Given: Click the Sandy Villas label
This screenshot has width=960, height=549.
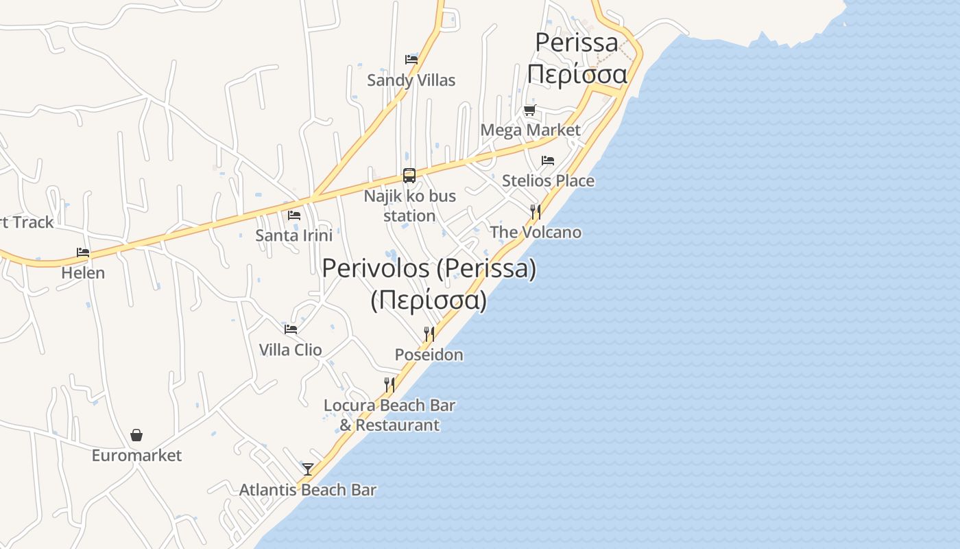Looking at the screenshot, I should pyautogui.click(x=411, y=80).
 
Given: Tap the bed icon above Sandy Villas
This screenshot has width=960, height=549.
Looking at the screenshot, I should pyautogui.click(x=411, y=59).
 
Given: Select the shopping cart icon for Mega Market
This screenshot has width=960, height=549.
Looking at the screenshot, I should pyautogui.click(x=529, y=110).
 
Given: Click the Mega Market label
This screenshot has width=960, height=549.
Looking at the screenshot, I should pyautogui.click(x=530, y=130).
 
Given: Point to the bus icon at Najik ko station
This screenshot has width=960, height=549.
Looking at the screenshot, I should pyautogui.click(x=409, y=176).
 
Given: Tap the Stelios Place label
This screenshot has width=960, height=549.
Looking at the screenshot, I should pyautogui.click(x=548, y=180).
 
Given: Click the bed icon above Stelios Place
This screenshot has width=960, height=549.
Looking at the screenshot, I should pyautogui.click(x=548, y=161).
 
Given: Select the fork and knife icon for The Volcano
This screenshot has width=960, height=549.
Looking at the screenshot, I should pyautogui.click(x=536, y=211).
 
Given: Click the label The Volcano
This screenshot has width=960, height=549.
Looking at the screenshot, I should pyautogui.click(x=536, y=232).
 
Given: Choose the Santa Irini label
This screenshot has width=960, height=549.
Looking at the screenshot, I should pyautogui.click(x=293, y=235).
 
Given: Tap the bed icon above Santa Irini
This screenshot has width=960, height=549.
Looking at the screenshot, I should pyautogui.click(x=294, y=215).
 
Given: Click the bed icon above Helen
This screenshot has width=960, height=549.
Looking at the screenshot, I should pyautogui.click(x=83, y=253).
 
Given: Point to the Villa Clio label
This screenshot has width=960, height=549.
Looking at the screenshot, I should pyautogui.click(x=290, y=350).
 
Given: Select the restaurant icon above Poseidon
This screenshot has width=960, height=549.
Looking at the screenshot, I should pyautogui.click(x=429, y=334).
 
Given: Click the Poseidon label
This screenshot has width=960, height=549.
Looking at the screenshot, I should pyautogui.click(x=429, y=355).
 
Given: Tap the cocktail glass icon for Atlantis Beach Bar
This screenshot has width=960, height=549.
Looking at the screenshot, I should pyautogui.click(x=308, y=469).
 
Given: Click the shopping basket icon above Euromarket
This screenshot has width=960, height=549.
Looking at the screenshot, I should pyautogui.click(x=136, y=435).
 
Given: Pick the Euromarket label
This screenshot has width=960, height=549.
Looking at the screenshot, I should pyautogui.click(x=136, y=456).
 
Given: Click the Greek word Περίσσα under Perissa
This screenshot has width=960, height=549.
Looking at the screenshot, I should pyautogui.click(x=577, y=74).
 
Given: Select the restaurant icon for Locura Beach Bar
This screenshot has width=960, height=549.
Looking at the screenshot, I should pyautogui.click(x=389, y=384).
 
